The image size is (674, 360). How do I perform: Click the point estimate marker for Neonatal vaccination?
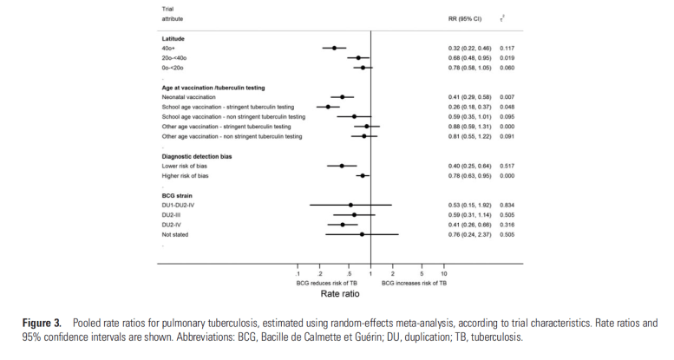tap(342, 97)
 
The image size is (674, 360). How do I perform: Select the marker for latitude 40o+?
tap(334, 48)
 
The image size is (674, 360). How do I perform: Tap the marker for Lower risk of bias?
tap(342, 166)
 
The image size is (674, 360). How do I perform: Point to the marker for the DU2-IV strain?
tap(343, 225)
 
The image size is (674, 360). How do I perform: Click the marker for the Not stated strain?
tap(362, 234)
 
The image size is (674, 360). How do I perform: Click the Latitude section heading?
tap(174, 38)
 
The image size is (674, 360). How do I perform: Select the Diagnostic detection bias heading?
tap(197, 156)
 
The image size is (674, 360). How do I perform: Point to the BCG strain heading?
tap(178, 195)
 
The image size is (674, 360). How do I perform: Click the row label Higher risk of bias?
tap(185, 175)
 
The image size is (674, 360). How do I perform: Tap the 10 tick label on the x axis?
tap(444, 274)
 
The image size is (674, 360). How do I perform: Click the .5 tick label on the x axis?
tap(349, 274)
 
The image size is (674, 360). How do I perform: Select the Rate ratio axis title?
tap(371, 293)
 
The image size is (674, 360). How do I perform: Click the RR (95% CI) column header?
tap(453, 17)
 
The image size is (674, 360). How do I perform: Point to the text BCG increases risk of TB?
tap(414, 283)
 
